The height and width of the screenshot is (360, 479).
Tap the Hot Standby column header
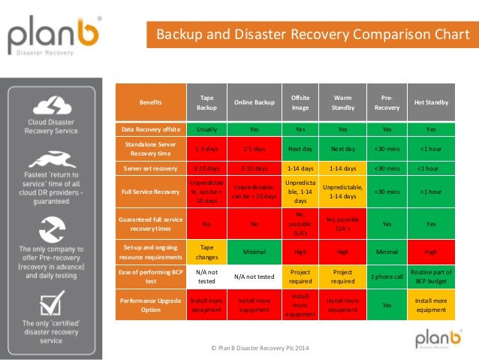pyautogui.click(x=431, y=102)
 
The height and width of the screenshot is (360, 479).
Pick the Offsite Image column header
pyautogui.click(x=300, y=102)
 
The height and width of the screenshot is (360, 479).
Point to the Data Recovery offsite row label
pyautogui.click(x=149, y=129)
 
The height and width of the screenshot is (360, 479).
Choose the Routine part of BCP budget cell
pyautogui.click(x=431, y=276)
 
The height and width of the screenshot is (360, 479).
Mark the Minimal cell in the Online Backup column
pyautogui.click(x=253, y=251)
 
